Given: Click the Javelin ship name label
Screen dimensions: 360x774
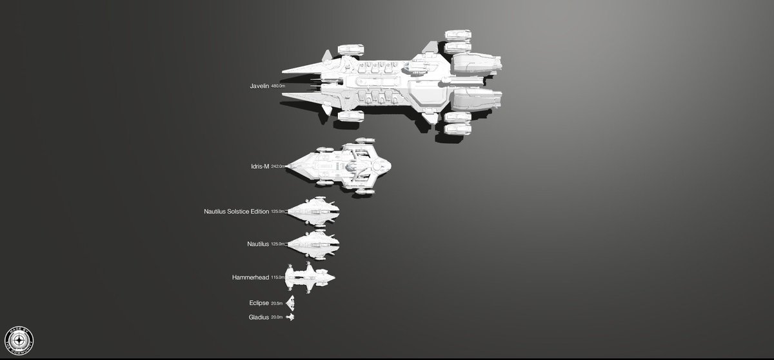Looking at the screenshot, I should point(259,86).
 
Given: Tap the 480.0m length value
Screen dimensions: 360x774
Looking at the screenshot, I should point(278,86).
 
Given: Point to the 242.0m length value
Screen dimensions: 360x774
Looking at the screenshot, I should point(278,166).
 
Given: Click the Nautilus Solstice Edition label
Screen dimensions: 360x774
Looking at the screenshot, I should point(236,211).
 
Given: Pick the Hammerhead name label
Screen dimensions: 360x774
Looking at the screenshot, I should point(251,277).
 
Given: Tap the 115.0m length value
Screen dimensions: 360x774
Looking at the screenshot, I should point(278,277).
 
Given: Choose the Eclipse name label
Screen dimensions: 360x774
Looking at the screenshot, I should point(259,303).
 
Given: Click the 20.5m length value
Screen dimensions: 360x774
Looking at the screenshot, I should point(277,303).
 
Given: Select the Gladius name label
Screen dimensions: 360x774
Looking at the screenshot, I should point(259,317).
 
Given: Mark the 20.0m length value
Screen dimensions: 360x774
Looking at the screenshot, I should point(277,317).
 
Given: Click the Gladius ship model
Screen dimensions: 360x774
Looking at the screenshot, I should point(292,317).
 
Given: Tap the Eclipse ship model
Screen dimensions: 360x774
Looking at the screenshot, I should point(292,303).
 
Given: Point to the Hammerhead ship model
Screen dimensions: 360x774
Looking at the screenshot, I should point(310,278).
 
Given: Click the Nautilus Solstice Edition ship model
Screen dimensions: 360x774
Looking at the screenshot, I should point(313,211).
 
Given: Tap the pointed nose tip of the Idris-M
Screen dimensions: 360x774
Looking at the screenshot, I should point(287,166).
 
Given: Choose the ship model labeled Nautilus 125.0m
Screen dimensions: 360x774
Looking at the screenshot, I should point(313,243).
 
